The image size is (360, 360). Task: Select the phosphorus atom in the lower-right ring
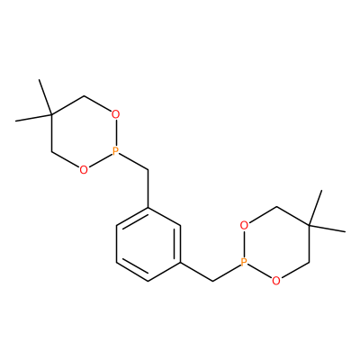pos(244,263)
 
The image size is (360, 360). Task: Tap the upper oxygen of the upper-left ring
pos(116,114)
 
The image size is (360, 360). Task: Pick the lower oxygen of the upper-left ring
pos(84,170)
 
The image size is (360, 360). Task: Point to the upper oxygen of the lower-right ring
pos(244,225)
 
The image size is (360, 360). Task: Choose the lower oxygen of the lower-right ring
pos(276,281)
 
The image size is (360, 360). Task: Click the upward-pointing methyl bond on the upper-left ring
pos(45,97)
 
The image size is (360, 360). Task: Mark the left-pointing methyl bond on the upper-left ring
pos(33,118)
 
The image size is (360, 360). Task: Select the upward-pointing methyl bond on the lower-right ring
pos(315,208)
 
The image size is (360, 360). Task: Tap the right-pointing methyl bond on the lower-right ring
pos(327,229)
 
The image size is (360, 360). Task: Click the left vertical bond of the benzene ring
pos(116,244)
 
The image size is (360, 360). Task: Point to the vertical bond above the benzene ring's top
pos(148,189)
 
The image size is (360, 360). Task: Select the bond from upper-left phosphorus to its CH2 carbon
pos(134,162)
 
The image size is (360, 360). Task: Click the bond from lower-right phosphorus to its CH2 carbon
pos(226,273)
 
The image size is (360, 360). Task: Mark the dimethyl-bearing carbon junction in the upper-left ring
pos(52,115)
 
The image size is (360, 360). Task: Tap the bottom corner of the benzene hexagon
pos(148,281)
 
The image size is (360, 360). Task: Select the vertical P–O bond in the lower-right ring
pos(244,244)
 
